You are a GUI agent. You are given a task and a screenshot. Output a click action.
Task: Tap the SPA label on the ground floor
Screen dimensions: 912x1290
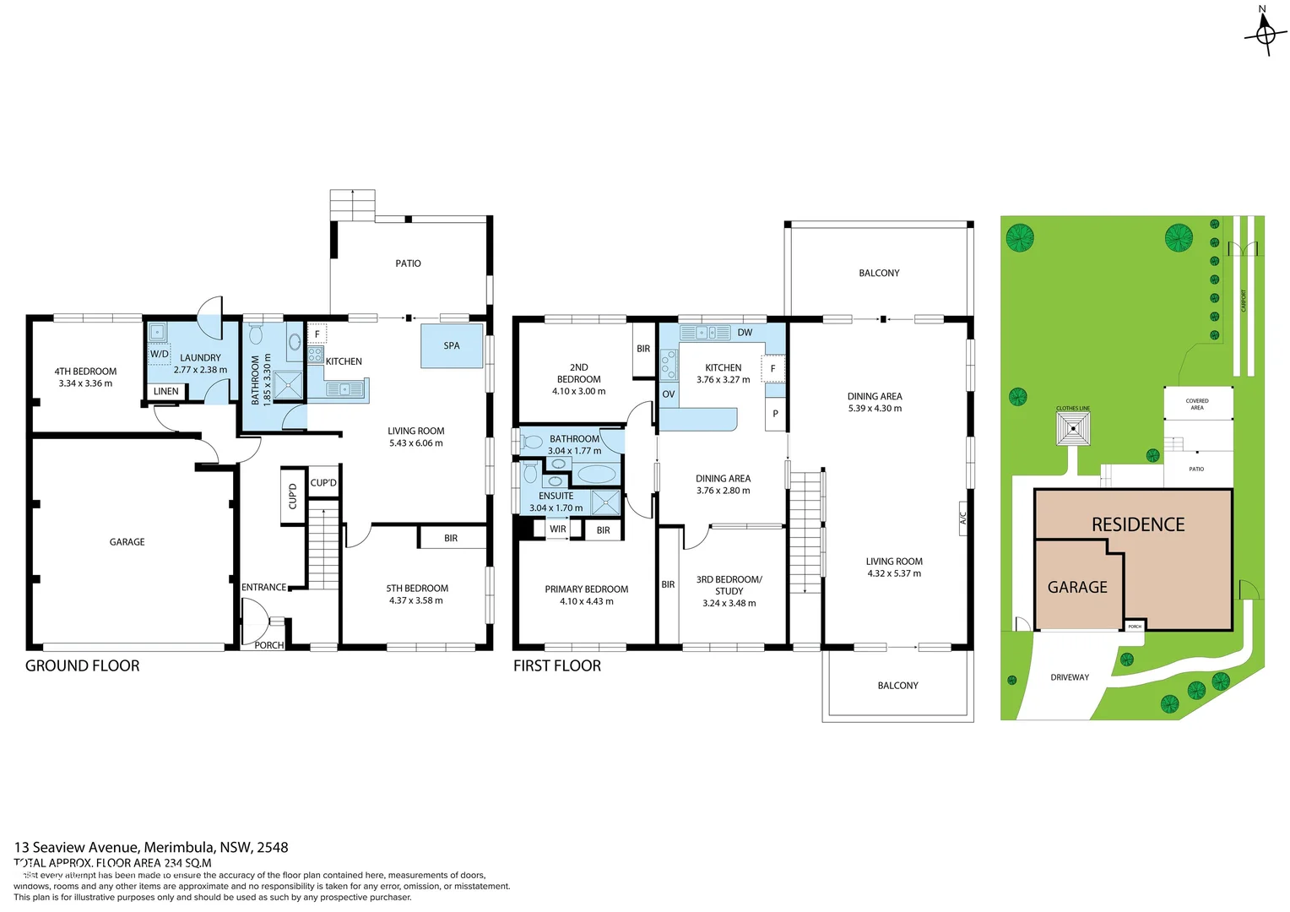click(x=452, y=345)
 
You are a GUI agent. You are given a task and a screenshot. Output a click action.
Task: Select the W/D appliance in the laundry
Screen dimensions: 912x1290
click(x=160, y=354)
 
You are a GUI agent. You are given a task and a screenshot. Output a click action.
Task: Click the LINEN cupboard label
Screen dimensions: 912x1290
click(x=166, y=391)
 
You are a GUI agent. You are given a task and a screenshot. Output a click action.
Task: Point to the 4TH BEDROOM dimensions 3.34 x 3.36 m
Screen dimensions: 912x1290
click(x=85, y=383)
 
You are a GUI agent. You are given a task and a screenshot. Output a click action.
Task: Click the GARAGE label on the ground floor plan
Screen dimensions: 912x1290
click(x=127, y=542)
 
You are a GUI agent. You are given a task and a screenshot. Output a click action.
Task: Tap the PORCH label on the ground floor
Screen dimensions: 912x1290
click(x=269, y=645)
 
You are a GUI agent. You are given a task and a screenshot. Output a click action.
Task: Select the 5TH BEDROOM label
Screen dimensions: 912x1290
click(x=417, y=589)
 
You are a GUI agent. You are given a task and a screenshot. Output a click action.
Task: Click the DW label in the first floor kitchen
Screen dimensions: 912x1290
click(x=745, y=333)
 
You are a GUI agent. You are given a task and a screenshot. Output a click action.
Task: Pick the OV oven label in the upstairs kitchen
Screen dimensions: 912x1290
click(x=669, y=394)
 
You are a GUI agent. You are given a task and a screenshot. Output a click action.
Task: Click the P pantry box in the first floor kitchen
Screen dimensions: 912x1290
click(x=775, y=414)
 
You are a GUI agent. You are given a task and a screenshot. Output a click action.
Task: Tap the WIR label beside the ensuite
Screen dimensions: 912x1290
click(x=558, y=529)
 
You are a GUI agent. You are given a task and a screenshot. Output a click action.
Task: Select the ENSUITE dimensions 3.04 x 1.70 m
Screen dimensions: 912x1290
click(x=556, y=508)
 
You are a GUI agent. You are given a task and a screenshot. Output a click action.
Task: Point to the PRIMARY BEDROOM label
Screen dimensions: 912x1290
click(x=587, y=589)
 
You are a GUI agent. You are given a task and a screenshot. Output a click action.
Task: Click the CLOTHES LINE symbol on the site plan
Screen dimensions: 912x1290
click(x=1073, y=428)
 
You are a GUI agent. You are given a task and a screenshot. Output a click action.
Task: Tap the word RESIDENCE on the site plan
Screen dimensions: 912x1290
click(x=1138, y=524)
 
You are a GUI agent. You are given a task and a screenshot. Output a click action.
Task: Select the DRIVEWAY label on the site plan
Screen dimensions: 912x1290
click(x=1070, y=677)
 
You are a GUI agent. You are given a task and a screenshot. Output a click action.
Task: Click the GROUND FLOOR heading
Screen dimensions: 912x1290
click(x=83, y=665)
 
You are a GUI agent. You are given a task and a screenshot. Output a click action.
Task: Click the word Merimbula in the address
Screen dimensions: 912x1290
click(x=177, y=847)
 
